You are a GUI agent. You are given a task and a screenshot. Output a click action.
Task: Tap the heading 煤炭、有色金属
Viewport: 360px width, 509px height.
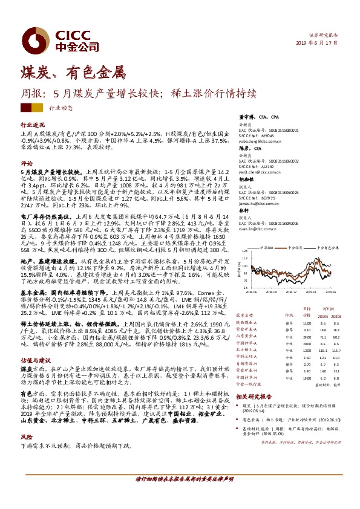(72, 74)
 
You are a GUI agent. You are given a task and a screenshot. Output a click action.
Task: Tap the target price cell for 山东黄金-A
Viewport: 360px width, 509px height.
(307, 337)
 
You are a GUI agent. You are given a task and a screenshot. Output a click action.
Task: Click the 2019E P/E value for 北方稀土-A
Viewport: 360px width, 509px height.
(322, 350)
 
